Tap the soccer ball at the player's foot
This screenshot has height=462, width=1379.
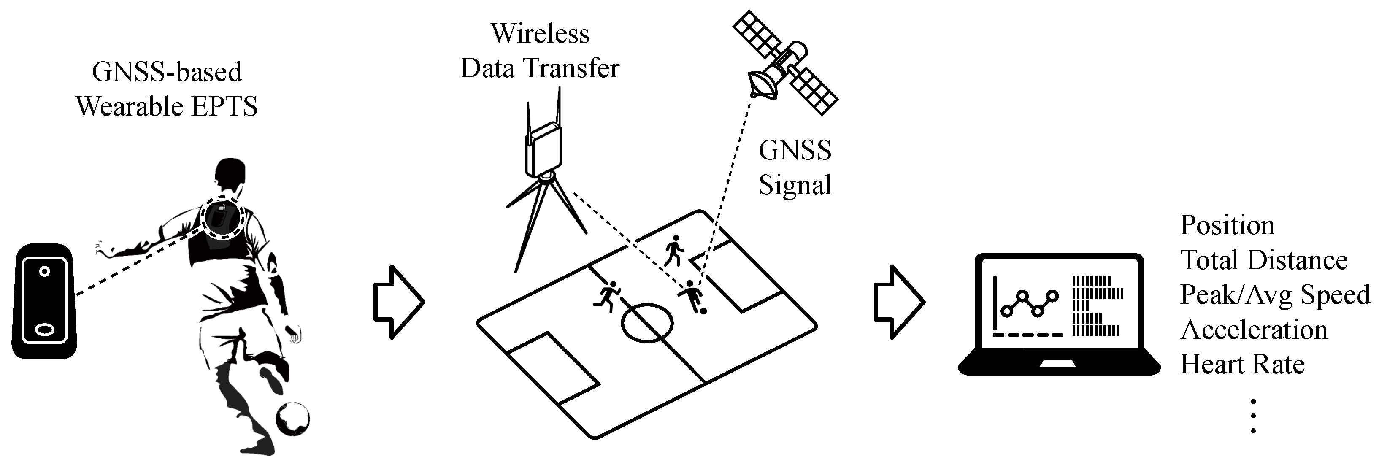coord(292,419)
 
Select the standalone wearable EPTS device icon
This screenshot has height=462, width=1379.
coord(44,301)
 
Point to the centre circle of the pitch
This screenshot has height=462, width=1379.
coord(647,323)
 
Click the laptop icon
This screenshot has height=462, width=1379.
coord(1058,315)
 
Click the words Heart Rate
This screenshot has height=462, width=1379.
coord(1242,365)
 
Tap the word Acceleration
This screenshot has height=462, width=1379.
coord(1254,330)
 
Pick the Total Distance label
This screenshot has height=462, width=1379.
coord(1263,260)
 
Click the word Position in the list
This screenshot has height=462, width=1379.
coord(1227,225)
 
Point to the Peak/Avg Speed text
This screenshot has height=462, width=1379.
coord(1274,295)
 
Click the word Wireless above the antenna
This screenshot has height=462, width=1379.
coord(540,34)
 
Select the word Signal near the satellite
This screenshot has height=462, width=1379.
coord(795,185)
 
